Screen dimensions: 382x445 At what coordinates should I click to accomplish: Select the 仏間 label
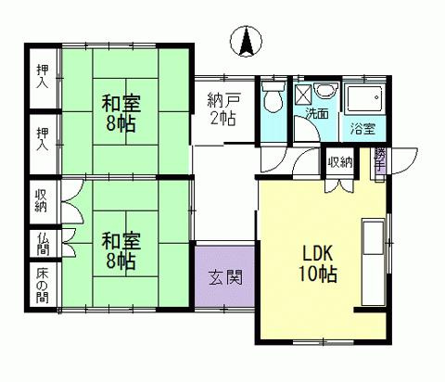[x=42, y=244]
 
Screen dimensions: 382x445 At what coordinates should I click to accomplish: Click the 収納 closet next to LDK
[x=339, y=163]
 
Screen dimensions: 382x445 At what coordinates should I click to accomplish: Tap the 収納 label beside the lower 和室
[x=42, y=200]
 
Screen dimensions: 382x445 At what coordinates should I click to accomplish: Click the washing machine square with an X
[x=303, y=94]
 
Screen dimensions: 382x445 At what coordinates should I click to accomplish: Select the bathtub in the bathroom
[x=362, y=99]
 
